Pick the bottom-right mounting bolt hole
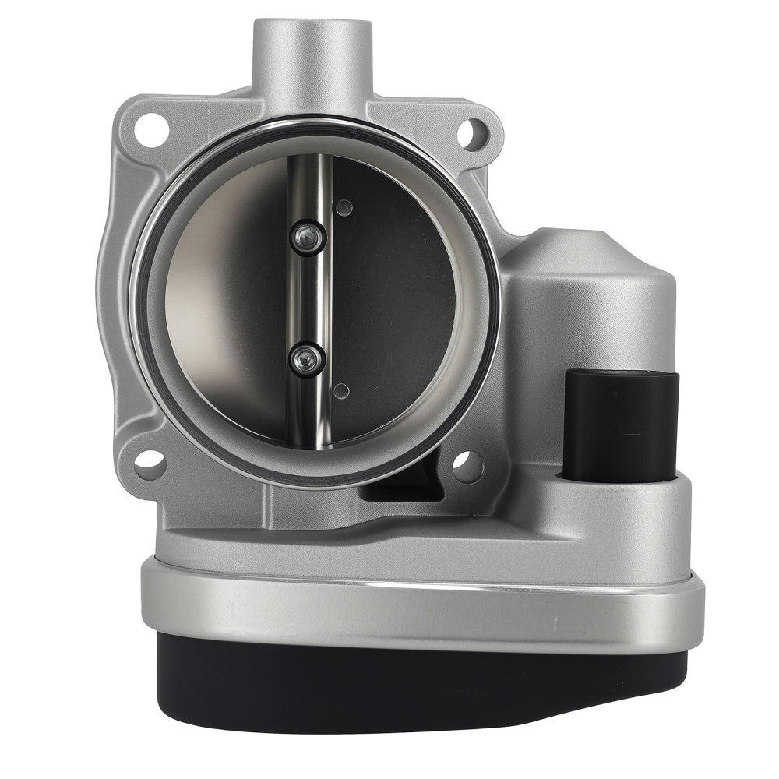(x=467, y=465)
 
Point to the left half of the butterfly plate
(x=226, y=304)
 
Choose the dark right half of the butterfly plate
(x=397, y=304)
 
